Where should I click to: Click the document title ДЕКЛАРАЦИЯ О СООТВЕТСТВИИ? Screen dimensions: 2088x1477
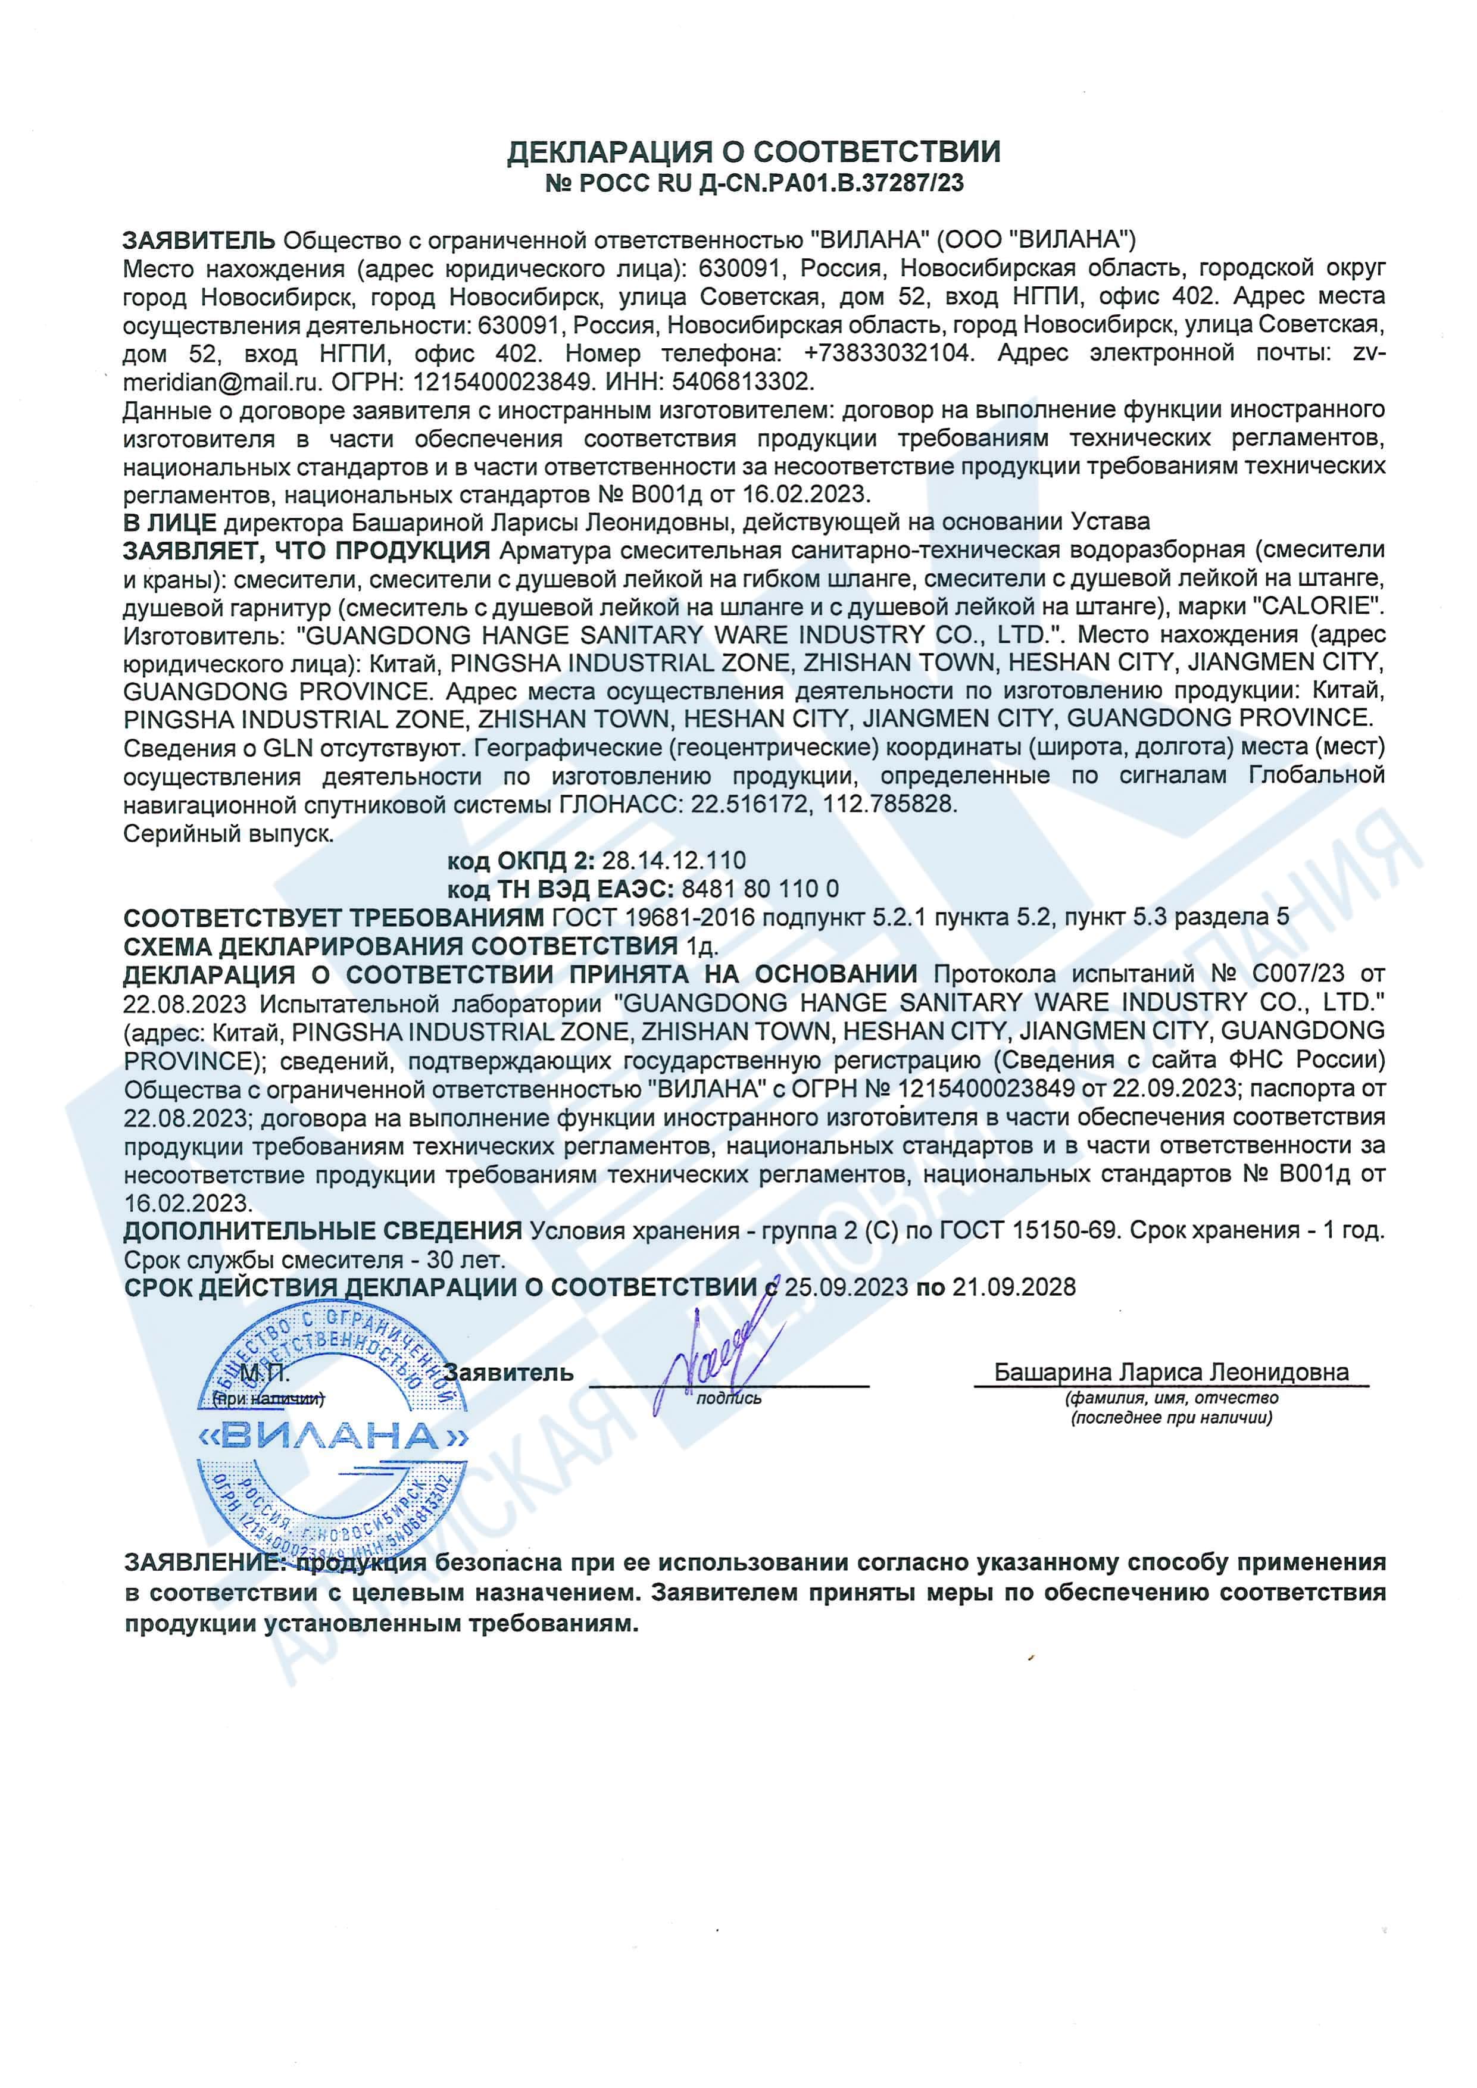(753, 152)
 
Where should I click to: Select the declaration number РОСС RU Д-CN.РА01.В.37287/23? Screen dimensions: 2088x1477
(769, 184)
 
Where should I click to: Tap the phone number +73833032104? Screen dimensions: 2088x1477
(888, 353)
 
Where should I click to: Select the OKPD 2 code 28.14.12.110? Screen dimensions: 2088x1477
(673, 860)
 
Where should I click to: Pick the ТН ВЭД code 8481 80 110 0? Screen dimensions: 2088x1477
(760, 889)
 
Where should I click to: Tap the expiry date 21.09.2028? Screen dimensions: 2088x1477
(1013, 1287)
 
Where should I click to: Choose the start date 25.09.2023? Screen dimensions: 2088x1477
(846, 1287)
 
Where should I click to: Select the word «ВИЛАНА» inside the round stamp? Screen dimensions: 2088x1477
(333, 1436)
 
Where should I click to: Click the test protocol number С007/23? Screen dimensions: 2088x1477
(1298, 973)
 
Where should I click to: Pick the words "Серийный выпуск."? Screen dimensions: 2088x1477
(228, 833)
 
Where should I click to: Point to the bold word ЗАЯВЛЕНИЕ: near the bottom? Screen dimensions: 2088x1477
(205, 1562)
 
